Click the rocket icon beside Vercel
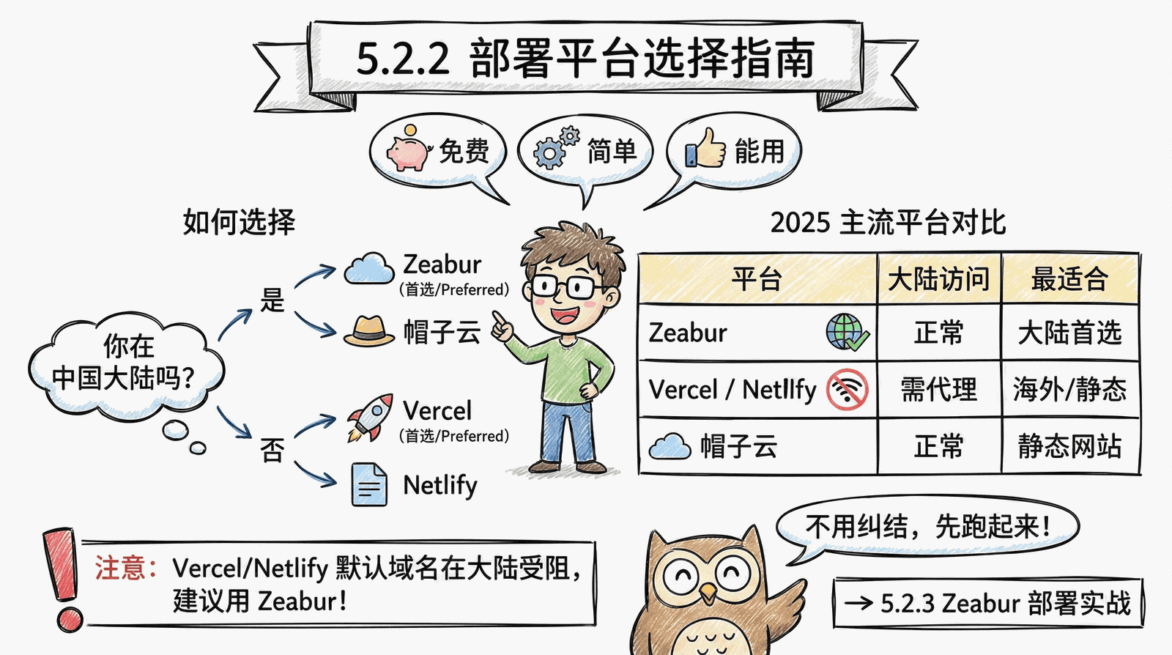[x=371, y=418]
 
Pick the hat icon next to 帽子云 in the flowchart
[x=369, y=331]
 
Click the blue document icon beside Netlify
[x=369, y=484]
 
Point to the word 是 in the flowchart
[x=272, y=300]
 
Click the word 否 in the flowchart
[x=272, y=450]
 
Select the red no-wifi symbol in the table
[x=848, y=390]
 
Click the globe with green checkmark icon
[x=848, y=332]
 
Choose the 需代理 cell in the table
[x=939, y=389]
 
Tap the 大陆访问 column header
[x=939, y=279]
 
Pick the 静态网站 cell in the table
[x=1070, y=446]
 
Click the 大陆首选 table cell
[x=1070, y=333]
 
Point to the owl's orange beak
[x=708, y=593]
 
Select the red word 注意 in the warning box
[x=119, y=568]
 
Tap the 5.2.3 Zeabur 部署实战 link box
[x=988, y=603]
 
